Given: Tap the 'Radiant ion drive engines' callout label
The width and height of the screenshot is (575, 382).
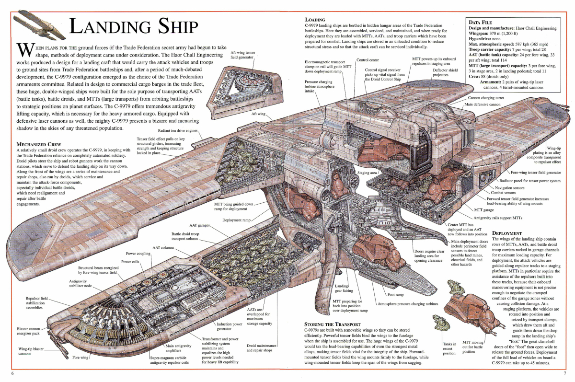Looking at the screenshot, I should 178,130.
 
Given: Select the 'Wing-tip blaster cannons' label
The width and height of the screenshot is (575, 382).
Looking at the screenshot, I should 32,351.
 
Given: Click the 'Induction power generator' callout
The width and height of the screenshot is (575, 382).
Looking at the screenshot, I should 230,326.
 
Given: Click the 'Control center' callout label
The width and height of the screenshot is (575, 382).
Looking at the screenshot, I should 368,60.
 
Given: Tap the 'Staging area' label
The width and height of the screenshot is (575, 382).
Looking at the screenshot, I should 368,172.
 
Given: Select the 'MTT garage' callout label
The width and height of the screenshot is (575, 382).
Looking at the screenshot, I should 484,210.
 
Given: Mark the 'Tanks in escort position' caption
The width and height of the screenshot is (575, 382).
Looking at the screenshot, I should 449,348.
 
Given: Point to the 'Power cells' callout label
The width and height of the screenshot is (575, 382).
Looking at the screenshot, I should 130,262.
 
